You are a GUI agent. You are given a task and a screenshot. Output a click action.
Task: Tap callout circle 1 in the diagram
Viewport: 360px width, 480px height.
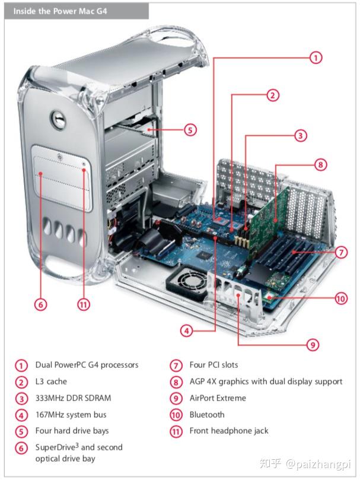pos(316,58)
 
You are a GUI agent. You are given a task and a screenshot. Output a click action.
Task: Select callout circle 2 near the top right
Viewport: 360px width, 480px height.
pos(272,96)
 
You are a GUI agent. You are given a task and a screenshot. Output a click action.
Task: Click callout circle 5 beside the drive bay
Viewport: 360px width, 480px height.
pos(190,129)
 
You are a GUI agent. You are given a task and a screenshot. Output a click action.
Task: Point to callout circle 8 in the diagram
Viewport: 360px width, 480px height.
pos(321,165)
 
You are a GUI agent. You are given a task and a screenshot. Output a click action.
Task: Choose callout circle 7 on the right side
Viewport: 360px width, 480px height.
pos(341,252)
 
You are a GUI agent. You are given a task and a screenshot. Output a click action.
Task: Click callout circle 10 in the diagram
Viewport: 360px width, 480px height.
pos(340,298)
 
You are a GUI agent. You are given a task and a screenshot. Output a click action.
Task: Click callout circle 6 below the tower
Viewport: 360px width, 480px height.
pos(40,304)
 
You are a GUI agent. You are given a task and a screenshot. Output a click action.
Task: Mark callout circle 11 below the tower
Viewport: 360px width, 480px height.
pos(84,304)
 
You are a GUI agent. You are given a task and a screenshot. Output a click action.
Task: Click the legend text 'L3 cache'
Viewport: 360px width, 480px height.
pos(51,382)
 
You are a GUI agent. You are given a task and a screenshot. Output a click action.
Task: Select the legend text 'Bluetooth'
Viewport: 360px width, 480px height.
pos(207,415)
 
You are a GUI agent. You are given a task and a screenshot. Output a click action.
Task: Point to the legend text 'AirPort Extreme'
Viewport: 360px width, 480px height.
pos(218,398)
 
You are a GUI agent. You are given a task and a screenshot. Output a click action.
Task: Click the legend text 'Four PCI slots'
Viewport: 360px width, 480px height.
pos(214,365)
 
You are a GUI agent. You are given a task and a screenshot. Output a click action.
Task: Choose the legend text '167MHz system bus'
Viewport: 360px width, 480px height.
pos(71,415)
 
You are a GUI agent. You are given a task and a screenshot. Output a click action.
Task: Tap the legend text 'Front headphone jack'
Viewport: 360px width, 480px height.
pos(229,431)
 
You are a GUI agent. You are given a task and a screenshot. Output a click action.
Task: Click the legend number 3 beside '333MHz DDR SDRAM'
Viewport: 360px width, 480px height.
pos(22,399)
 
